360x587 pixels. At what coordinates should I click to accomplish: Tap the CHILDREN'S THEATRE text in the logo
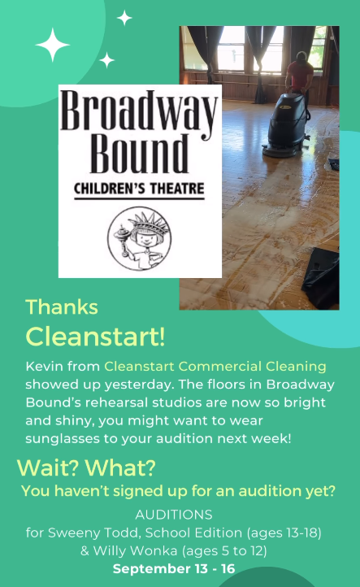coord(139,190)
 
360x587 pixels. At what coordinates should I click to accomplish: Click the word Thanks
coord(62,307)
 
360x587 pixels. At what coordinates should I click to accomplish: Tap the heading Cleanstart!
coord(95,334)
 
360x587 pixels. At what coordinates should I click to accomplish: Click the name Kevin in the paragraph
coord(42,367)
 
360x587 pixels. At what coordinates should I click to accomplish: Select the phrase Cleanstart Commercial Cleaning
coord(215,367)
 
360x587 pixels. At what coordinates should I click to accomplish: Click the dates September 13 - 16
coord(174,568)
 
